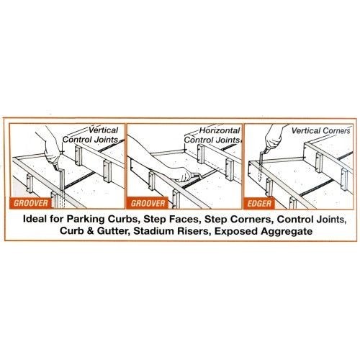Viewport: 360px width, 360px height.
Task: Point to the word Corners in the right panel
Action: click(x=331, y=132)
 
